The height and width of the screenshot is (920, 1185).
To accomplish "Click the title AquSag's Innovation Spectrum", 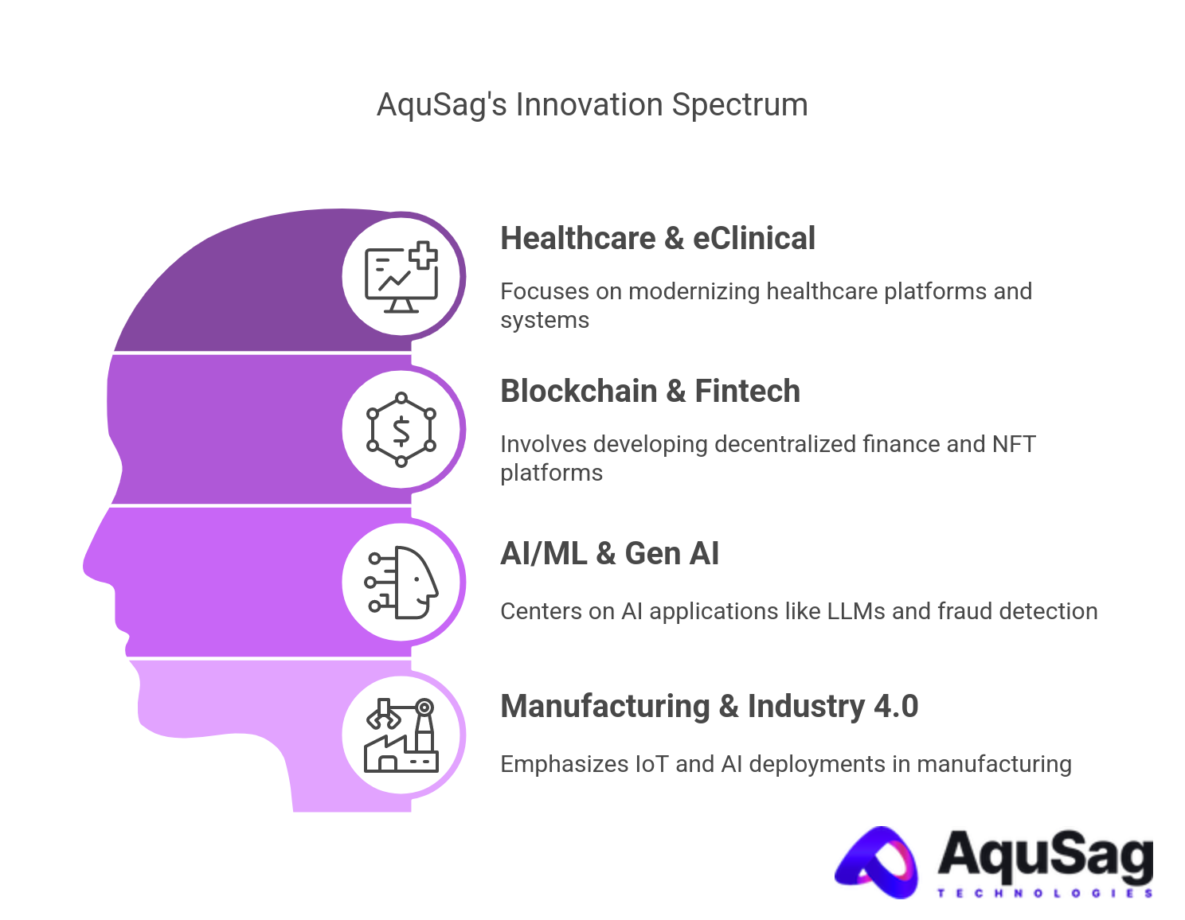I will (592, 105).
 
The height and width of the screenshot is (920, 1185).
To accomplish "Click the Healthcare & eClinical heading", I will (657, 239).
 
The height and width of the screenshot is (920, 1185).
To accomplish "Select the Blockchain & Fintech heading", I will (650, 392).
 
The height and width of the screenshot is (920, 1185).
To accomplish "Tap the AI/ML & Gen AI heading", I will (609, 554).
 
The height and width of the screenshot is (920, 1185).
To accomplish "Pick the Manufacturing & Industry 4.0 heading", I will (709, 707).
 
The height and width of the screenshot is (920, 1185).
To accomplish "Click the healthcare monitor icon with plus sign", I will (401, 277).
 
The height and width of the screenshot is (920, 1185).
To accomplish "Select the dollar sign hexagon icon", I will (401, 430).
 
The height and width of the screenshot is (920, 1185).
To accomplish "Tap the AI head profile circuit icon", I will (401, 583).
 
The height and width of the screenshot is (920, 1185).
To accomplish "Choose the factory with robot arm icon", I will (401, 735).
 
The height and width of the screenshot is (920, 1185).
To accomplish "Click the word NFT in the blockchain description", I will (1014, 444).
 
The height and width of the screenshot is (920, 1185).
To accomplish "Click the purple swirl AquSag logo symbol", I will (878, 863).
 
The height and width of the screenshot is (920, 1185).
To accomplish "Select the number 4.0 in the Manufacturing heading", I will (896, 707).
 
